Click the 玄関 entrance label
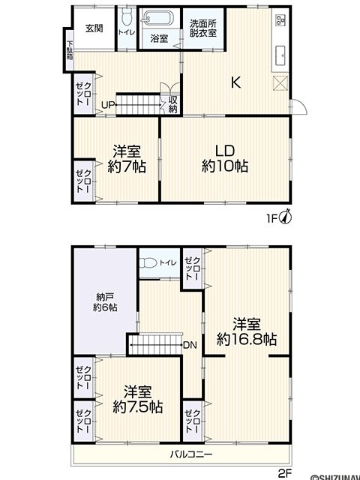(94, 28)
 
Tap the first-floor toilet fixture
(126, 16)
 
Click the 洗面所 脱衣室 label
(203, 28)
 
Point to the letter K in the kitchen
(235, 82)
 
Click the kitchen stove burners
(280, 20)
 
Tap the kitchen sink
(280, 55)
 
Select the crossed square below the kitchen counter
(280, 83)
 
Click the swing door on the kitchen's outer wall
(298, 106)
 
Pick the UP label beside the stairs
(108, 105)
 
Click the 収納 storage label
(173, 104)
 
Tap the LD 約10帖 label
(225, 158)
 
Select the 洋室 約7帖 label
(127, 158)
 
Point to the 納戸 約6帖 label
(105, 302)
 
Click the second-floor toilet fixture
(147, 263)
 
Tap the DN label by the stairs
(190, 345)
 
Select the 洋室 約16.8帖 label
(247, 331)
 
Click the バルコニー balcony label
(191, 454)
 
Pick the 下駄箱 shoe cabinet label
(70, 50)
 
